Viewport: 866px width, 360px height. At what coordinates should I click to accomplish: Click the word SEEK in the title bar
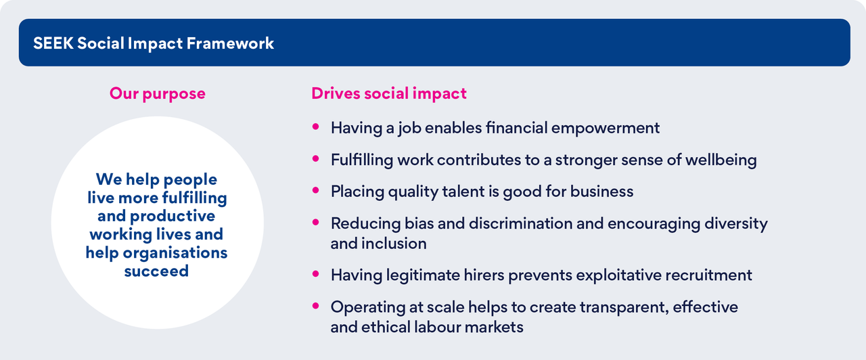[x=53, y=43]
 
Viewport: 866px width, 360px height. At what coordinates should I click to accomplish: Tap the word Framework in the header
[x=230, y=43]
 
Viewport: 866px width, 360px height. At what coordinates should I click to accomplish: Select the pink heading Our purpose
[x=158, y=94]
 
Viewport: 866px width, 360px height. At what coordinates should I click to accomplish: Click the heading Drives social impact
[x=389, y=94]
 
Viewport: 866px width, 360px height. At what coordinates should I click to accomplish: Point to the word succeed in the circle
[x=156, y=271]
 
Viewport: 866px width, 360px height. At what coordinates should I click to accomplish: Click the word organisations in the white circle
[x=175, y=253]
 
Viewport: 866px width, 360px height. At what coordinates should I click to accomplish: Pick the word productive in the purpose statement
[x=173, y=217]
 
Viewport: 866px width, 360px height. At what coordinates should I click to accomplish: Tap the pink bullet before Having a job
[x=315, y=127]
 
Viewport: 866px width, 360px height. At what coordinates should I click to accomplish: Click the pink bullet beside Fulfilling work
[x=315, y=158]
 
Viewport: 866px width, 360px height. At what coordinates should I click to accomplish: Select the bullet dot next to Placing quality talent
[x=315, y=190]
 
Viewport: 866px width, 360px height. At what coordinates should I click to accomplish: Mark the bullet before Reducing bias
[x=315, y=222]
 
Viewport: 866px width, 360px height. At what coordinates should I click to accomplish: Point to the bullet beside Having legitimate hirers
[x=315, y=274]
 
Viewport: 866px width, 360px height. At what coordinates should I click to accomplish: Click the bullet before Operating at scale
[x=315, y=306]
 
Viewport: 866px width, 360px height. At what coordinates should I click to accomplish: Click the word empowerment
[x=606, y=129]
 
